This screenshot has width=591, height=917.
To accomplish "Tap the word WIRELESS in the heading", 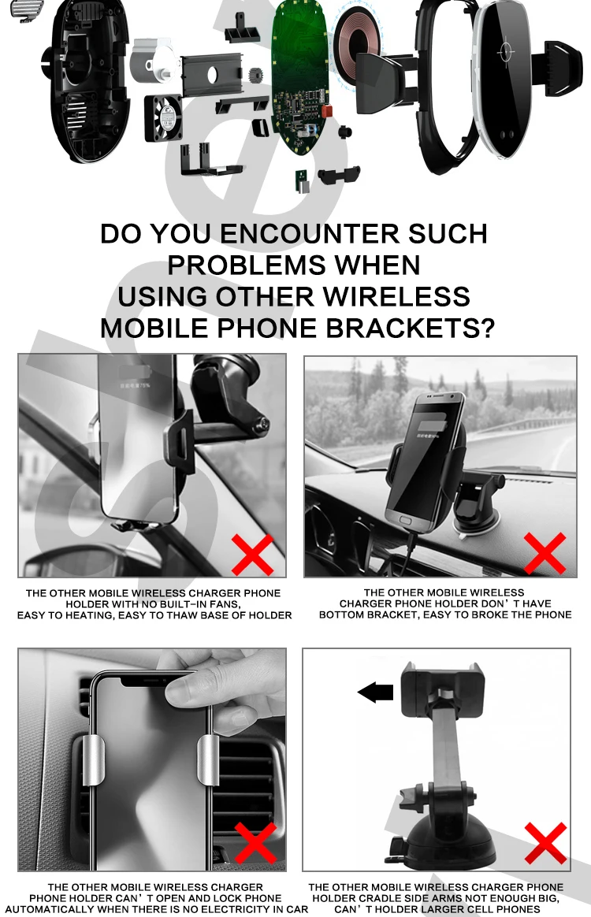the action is coord(396,296).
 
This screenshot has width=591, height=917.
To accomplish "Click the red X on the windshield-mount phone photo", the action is coord(253,555).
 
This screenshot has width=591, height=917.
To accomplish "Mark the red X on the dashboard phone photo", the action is coord(545,553).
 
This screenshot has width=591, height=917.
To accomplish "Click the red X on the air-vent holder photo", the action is coord(256,843).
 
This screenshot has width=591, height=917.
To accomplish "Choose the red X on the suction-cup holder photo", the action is coord(546,843).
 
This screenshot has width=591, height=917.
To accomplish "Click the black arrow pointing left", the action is coord(376,692).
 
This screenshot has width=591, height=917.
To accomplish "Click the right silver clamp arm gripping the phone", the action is coord(208,759).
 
